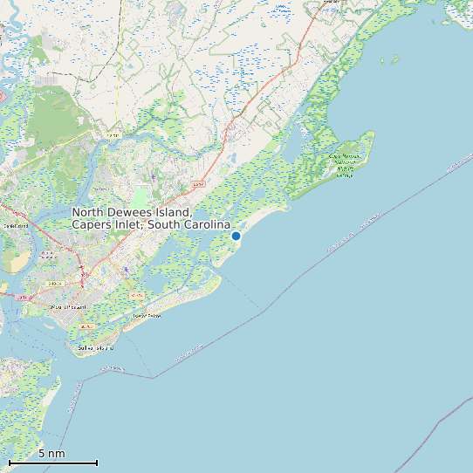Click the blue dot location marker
tap(236, 236)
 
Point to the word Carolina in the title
tap(205, 225)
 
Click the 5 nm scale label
tap(51, 454)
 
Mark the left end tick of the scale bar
tap(9, 463)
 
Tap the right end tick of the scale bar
tap(97, 463)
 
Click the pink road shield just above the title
tap(198, 185)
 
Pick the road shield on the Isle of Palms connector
tap(136, 295)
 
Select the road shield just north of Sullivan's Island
tap(85, 326)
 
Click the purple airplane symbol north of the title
tap(154, 177)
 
